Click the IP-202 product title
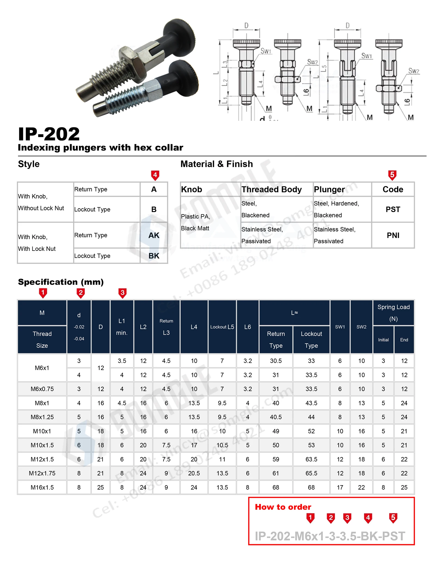[x=49, y=134]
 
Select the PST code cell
[x=393, y=209]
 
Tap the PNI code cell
[x=393, y=235]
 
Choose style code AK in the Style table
[x=154, y=235]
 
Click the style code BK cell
[x=154, y=256]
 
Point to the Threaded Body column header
[x=271, y=189]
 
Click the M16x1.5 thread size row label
[x=42, y=487]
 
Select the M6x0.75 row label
[x=42, y=389]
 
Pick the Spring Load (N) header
[x=393, y=313]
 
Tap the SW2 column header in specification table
[x=361, y=327]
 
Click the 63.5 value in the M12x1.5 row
[x=311, y=459]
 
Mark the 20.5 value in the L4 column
[x=194, y=473]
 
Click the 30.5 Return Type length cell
[x=276, y=361]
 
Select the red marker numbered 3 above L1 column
[x=122, y=293]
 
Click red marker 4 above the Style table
[x=155, y=175]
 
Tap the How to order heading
[x=283, y=507]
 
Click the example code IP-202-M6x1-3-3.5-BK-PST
[x=330, y=536]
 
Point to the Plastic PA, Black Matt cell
[x=195, y=222]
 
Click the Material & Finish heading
[x=216, y=164]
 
